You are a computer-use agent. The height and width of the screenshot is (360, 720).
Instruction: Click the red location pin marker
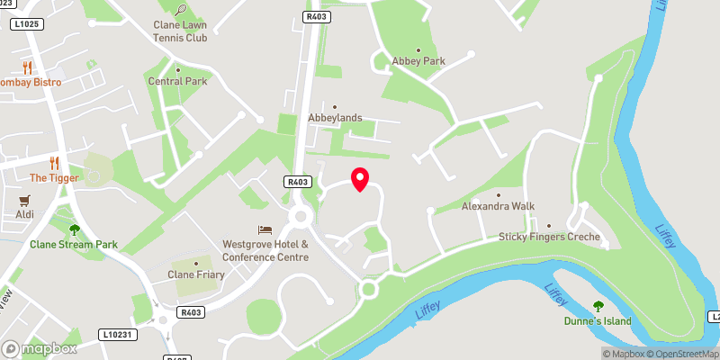pyautogui.click(x=360, y=178)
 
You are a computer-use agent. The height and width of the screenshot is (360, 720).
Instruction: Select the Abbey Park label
pyautogui.click(x=418, y=61)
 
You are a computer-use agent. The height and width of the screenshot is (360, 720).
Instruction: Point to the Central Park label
pyautogui.click(x=177, y=81)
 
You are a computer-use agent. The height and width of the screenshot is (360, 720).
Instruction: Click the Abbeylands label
pyautogui.click(x=336, y=118)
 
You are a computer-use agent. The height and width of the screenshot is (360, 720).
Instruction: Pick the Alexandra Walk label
pyautogui.click(x=498, y=206)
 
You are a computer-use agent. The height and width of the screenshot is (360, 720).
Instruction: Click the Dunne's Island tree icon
pyautogui.click(x=598, y=306)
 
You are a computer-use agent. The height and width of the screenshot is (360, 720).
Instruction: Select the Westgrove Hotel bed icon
pyautogui.click(x=265, y=229)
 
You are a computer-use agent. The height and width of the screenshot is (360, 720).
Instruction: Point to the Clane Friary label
pyautogui.click(x=194, y=274)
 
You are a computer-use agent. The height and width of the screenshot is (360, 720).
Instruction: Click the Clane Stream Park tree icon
pyautogui.click(x=75, y=229)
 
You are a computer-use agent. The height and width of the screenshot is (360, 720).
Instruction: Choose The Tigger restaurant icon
pyautogui.click(x=55, y=163)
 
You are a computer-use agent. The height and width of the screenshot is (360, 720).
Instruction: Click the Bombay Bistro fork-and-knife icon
pyautogui.click(x=27, y=67)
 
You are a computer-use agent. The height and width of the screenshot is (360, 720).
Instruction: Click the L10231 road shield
pyautogui.click(x=117, y=335)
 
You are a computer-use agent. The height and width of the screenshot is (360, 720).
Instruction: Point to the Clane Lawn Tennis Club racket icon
pyautogui.click(x=183, y=11)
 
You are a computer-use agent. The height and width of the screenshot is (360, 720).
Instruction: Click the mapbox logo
pyautogui.click(x=40, y=348)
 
